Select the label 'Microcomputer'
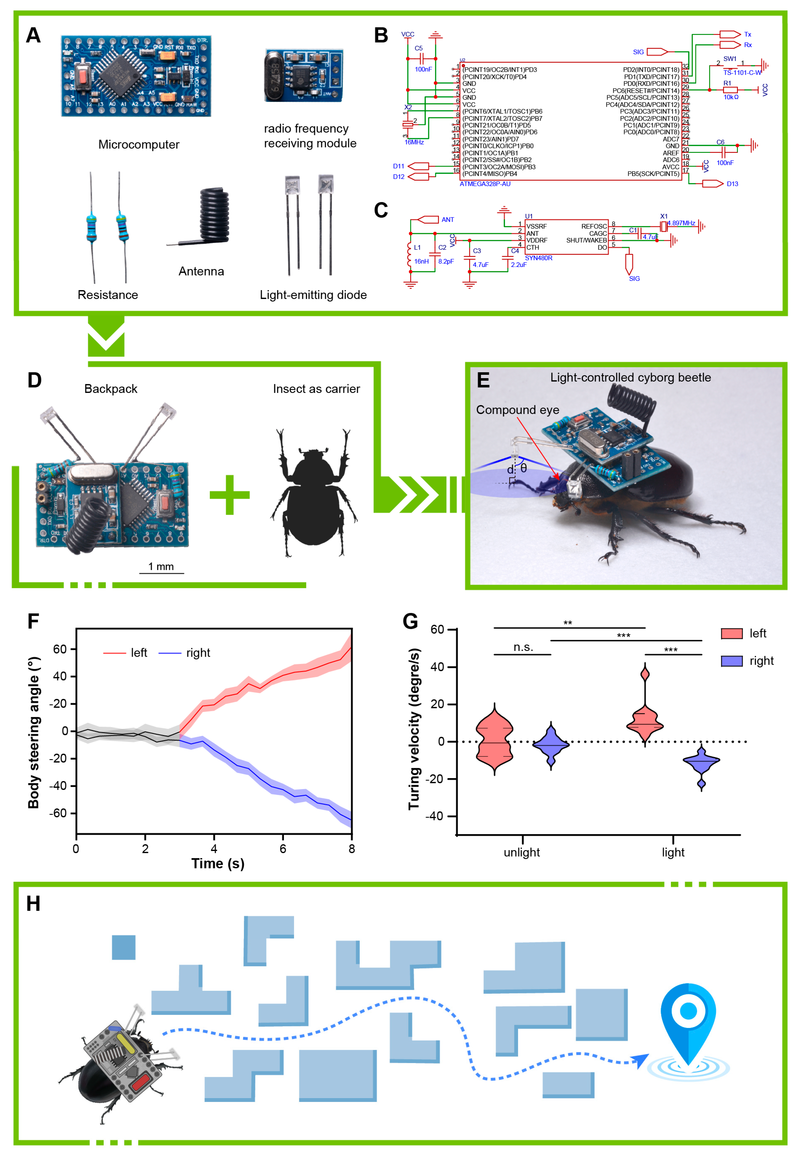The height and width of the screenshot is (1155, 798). [138, 145]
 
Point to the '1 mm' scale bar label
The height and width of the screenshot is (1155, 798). [161, 567]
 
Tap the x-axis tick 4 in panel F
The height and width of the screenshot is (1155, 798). [214, 849]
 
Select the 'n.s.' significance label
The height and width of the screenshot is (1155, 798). [523, 647]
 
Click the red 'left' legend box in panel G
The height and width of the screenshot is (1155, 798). [731, 634]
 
